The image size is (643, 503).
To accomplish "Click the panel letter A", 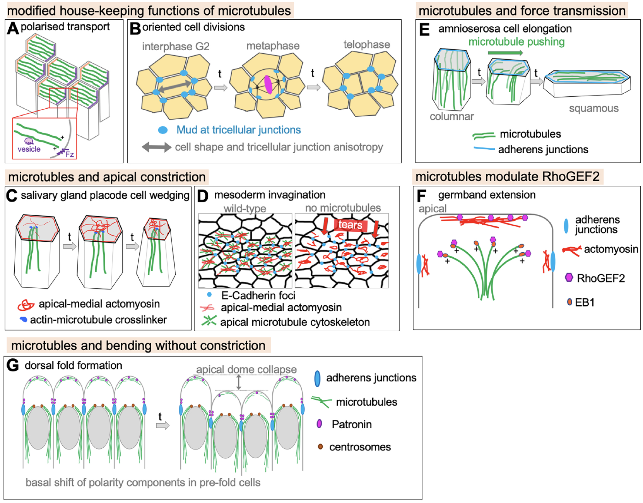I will coord(13,28).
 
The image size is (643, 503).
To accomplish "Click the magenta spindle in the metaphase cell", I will coord(268,85).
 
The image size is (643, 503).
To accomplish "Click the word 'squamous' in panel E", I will coord(593,109).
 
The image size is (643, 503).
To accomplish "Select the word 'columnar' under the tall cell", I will coord(451,116).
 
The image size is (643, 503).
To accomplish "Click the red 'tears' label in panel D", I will coord(350,225).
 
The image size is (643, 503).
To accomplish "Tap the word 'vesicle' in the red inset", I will coord(29,149).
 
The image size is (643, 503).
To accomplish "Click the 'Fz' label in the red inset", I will coord(70,154).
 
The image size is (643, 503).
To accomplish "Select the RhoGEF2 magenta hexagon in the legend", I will coord(569,277).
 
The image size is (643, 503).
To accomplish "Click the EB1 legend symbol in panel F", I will coord(569,302).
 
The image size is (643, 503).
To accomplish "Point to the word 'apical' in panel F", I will coord(432,209).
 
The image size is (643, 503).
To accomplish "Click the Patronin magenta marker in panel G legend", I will coord(320,424).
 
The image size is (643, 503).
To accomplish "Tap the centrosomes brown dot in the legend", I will coord(320,447).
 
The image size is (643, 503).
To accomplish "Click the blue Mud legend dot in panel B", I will coord(163,130).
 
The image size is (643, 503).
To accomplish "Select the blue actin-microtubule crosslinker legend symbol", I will coord(24,320).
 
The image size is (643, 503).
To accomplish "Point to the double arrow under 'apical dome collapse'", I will coord(239,382).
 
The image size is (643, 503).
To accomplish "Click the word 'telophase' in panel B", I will coord(366,45).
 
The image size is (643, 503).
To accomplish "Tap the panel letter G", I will coord(13,365).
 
